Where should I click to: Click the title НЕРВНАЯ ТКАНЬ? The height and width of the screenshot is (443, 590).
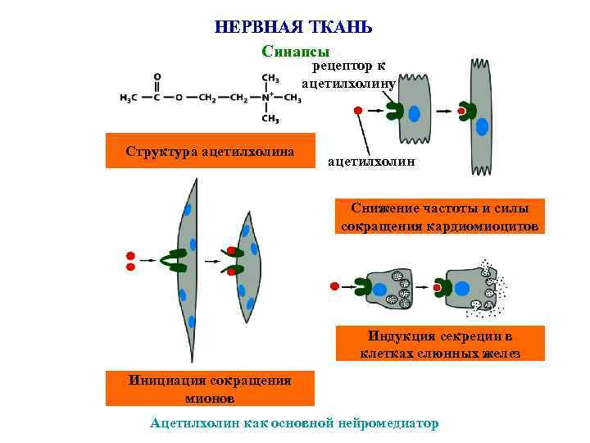pyautogui.click(x=293, y=25)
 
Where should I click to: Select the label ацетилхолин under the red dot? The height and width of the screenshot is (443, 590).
pyautogui.click(x=370, y=162)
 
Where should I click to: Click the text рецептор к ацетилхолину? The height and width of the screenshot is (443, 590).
pyautogui.click(x=348, y=75)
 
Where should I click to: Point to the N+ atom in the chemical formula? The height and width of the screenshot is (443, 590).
pyautogui.click(x=265, y=97)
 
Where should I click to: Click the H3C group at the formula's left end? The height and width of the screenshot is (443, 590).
pyautogui.click(x=128, y=98)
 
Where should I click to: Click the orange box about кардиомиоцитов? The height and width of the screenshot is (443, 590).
pyautogui.click(x=440, y=217)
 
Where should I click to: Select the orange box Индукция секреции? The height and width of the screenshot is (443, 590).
pyautogui.click(x=440, y=344)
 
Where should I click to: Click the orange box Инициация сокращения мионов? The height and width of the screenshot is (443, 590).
pyautogui.click(x=210, y=389)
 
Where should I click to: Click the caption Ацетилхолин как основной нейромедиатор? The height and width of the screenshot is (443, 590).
pyautogui.click(x=294, y=423)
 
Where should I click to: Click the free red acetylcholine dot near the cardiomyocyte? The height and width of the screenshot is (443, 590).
pyautogui.click(x=357, y=111)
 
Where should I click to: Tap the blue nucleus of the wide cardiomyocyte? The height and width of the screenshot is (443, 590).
pyautogui.click(x=416, y=113)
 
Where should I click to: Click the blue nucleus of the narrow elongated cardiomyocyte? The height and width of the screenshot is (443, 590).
pyautogui.click(x=482, y=126)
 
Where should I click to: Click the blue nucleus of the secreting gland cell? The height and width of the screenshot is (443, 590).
pyautogui.click(x=462, y=289)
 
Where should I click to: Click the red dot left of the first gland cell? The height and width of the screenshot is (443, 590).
pyautogui.click(x=334, y=285)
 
